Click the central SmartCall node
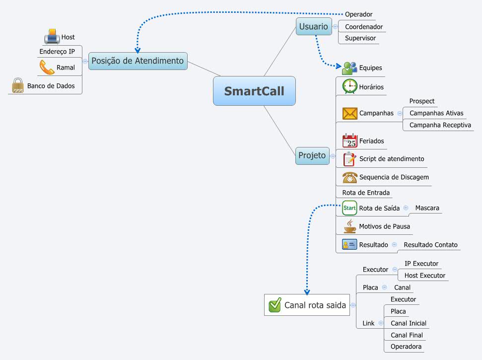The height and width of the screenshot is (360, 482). [254, 91]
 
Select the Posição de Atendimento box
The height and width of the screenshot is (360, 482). [138, 61]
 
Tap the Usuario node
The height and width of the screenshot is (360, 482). [314, 26]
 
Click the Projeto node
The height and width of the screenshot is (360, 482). [312, 155]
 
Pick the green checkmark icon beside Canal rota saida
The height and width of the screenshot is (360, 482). [275, 305]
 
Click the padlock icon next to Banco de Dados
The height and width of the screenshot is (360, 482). [18, 86]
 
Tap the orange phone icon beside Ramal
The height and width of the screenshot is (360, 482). [47, 67]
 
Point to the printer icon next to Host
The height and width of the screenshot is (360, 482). [52, 37]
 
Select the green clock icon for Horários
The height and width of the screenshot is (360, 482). [350, 86]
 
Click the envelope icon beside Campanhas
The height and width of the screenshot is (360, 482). [350, 113]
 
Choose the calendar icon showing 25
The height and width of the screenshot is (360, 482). [350, 141]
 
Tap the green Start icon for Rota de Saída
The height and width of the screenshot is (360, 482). [350, 208]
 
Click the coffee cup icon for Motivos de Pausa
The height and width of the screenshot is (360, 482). [350, 226]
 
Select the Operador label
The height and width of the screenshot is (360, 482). [358, 14]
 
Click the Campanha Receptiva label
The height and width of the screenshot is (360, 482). [440, 125]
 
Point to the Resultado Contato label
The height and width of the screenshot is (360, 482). [430, 245]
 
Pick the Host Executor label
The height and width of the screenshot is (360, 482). [425, 276]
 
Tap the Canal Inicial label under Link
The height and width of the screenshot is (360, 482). [408, 323]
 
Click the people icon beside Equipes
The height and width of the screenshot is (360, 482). [349, 68]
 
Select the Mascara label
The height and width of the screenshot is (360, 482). [427, 208]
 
